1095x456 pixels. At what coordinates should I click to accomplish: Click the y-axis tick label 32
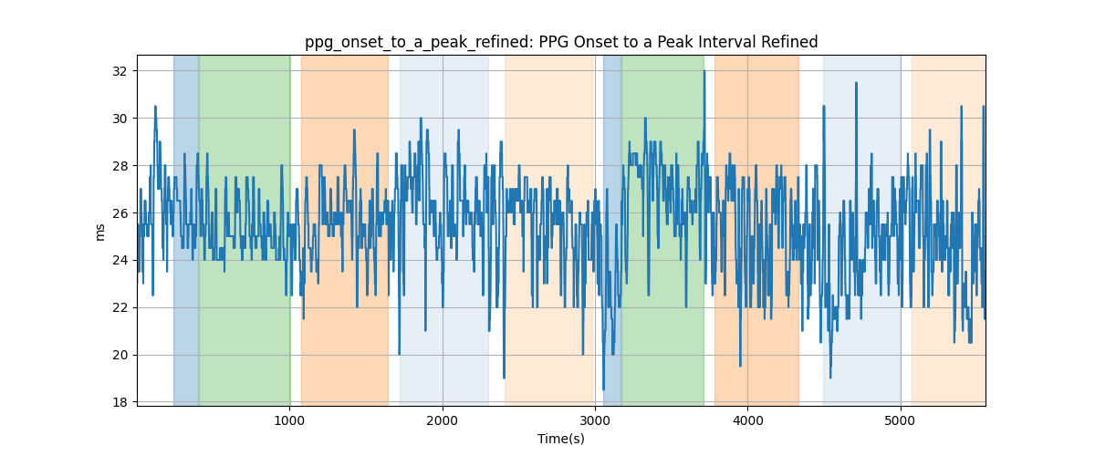[x=120, y=71]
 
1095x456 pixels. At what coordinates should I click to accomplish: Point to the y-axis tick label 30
[x=120, y=119]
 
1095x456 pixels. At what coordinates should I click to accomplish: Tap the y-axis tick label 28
[x=120, y=166]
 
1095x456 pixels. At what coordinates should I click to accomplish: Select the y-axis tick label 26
[x=120, y=213]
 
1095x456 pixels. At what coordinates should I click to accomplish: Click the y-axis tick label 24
[x=120, y=261]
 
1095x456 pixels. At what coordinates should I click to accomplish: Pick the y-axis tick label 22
[x=120, y=308]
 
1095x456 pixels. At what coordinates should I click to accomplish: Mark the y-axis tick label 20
[x=120, y=356]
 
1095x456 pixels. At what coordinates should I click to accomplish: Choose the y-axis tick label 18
[x=120, y=403]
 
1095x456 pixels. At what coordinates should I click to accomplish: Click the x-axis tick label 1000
[x=290, y=420]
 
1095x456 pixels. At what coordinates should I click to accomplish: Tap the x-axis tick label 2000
[x=443, y=420]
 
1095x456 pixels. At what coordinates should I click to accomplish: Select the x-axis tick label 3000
[x=595, y=420]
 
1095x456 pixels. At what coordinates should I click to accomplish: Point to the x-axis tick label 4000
[x=748, y=420]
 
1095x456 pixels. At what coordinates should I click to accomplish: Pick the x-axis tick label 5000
[x=901, y=420]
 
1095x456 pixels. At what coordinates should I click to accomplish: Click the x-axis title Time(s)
[x=561, y=439]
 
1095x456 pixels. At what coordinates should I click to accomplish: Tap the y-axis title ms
[x=100, y=233]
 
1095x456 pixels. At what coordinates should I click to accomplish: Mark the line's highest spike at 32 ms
[x=704, y=71]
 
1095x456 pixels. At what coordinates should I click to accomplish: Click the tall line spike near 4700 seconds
[x=856, y=83]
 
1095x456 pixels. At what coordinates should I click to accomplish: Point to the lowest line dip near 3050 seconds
[x=604, y=389]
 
